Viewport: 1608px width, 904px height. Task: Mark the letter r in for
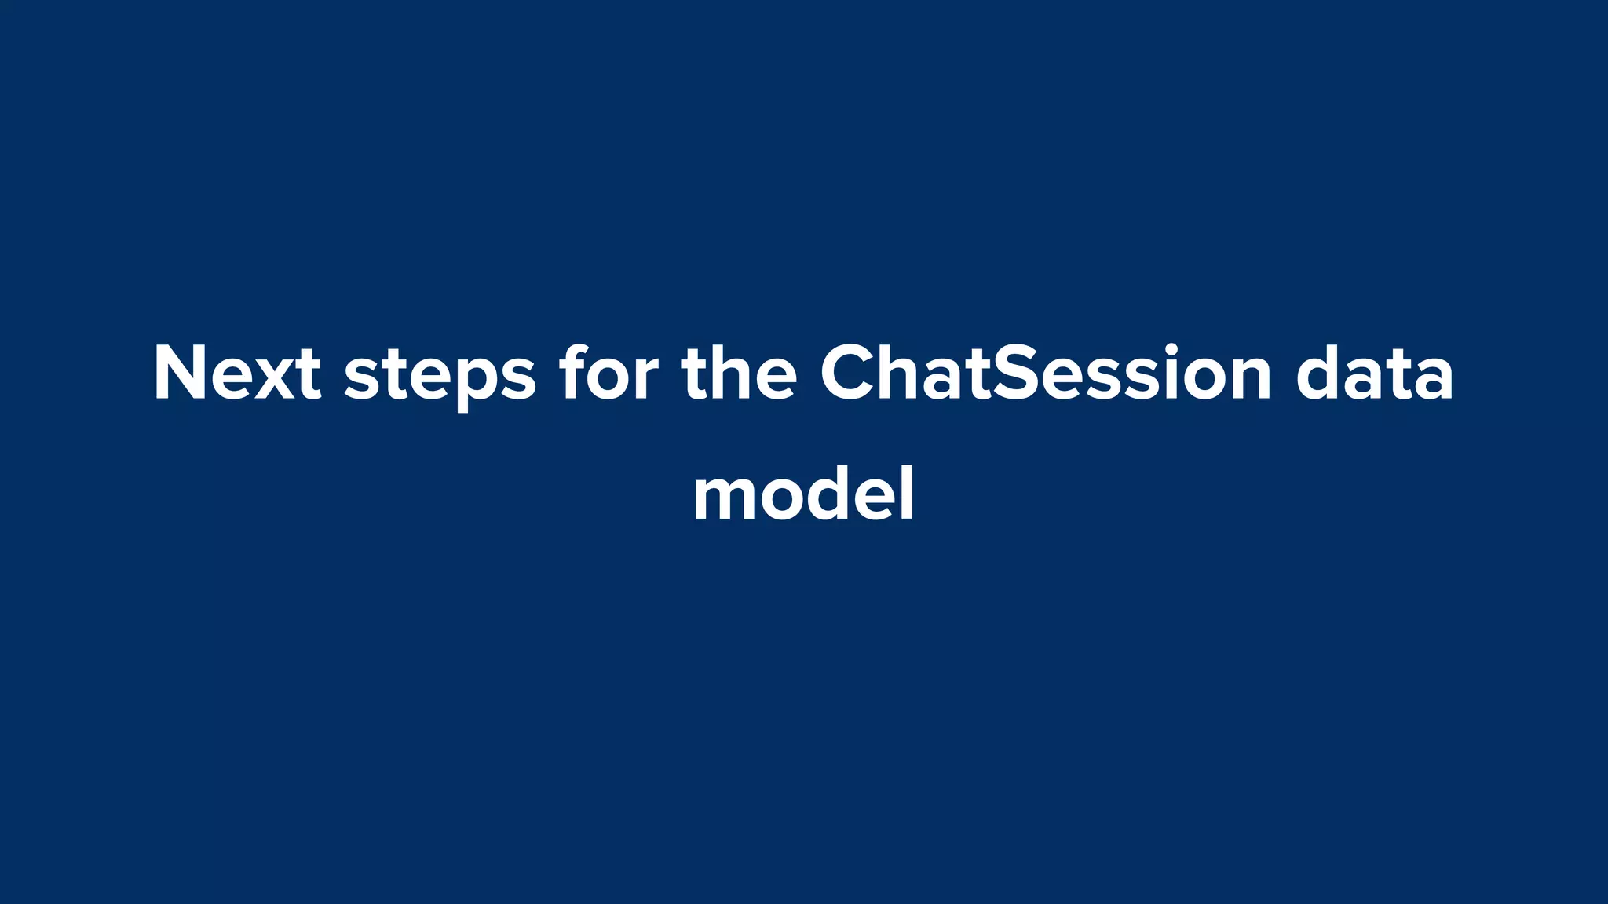tap(647, 378)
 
